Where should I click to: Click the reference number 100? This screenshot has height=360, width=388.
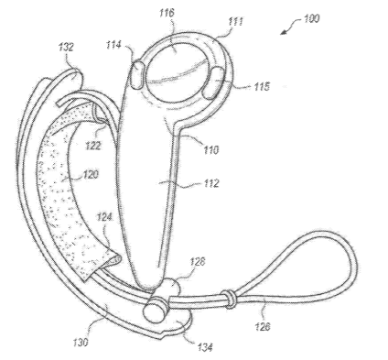(x=311, y=18)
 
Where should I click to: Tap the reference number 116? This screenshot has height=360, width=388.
(x=167, y=13)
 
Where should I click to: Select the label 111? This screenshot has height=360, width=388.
(x=236, y=22)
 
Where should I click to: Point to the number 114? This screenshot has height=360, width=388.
(x=113, y=45)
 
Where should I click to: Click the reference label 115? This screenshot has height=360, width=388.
(x=262, y=86)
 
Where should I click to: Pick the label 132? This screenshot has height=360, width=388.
(x=66, y=47)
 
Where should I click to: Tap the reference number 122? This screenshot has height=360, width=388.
(x=92, y=146)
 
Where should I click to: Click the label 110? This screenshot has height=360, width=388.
(x=211, y=149)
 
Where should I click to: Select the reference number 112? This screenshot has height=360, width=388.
(x=211, y=183)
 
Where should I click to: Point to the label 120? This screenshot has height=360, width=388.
(x=91, y=175)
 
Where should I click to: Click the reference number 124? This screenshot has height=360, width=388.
(x=104, y=217)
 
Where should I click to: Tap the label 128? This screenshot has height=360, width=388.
(x=198, y=261)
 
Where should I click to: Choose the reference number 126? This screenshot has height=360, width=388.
(x=263, y=326)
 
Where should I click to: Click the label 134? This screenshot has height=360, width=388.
(x=205, y=347)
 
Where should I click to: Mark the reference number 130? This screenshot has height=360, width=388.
(x=81, y=343)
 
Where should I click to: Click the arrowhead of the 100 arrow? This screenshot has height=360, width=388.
(x=284, y=32)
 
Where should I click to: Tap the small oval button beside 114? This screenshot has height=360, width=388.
(x=137, y=75)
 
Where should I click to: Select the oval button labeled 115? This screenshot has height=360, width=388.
(x=214, y=83)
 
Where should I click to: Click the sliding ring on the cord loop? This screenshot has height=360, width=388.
(x=230, y=299)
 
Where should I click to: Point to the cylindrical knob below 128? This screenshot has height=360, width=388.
(x=155, y=310)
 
